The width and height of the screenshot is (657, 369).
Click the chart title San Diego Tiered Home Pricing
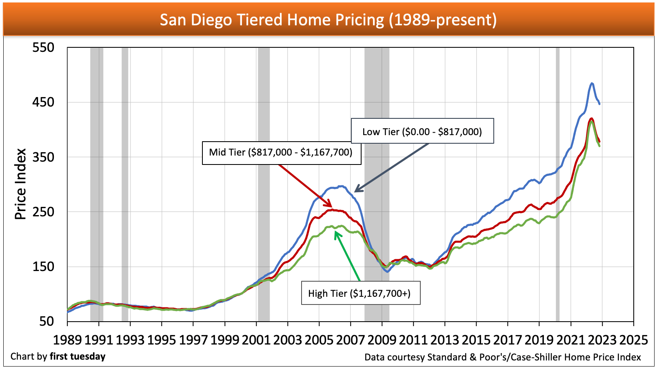coord(328,20)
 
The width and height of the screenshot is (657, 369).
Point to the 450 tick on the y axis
coord(43,102)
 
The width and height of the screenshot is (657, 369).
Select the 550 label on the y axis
coord(43,47)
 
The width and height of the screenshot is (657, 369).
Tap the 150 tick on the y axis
coord(43,267)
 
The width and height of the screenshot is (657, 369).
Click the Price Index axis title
coord(20,184)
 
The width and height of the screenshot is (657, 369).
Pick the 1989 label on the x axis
coord(67,340)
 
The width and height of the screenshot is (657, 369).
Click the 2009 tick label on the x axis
coord(382,340)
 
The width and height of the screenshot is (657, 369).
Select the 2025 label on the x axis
coord(633,340)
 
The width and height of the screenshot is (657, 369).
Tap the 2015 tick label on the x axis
coord(476,340)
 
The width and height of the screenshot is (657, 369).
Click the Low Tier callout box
coord(422,131)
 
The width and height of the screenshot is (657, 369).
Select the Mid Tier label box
coord(281,153)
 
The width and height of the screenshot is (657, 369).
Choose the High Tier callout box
coord(360,293)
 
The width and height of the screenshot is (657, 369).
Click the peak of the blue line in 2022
coord(592,83)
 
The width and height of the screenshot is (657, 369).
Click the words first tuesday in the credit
coord(78,356)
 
